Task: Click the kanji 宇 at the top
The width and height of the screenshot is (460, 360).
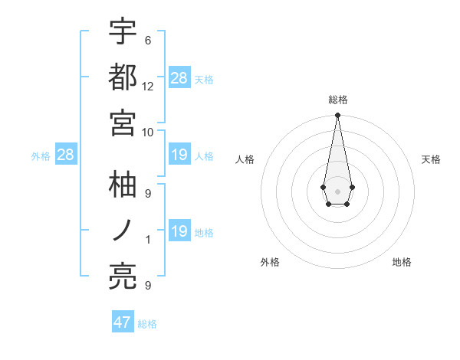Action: tap(123, 32)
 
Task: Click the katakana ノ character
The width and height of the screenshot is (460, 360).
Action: tap(123, 231)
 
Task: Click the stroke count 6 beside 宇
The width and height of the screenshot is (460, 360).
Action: tap(147, 41)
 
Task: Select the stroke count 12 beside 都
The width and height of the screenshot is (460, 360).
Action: tap(148, 86)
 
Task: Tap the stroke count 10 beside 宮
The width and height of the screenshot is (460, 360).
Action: tap(148, 132)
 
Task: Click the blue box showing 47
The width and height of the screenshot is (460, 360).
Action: tap(123, 322)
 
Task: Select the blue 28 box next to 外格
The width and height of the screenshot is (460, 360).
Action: tap(65, 155)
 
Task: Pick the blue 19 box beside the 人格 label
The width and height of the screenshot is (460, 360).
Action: tap(179, 155)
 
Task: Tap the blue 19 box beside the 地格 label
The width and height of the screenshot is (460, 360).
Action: tap(179, 231)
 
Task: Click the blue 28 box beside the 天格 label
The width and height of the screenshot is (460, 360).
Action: tap(179, 78)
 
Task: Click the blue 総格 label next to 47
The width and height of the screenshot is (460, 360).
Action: tap(147, 324)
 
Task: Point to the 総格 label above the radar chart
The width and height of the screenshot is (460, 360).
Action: tap(337, 100)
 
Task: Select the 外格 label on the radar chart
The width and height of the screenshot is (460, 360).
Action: tap(270, 262)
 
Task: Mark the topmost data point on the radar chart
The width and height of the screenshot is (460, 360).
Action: tap(337, 116)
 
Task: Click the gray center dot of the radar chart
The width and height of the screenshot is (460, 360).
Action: tap(337, 190)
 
